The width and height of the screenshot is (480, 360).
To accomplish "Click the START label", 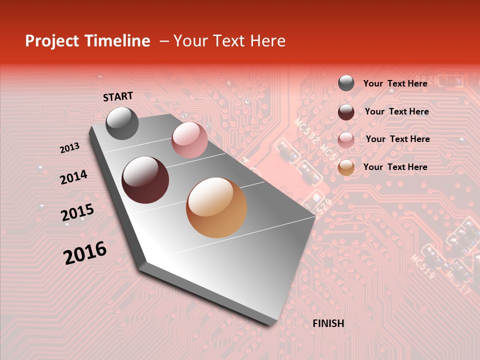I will click(118, 96).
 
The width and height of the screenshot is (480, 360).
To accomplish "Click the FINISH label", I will click(328, 323).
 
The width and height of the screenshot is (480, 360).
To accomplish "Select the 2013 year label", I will click(70, 148).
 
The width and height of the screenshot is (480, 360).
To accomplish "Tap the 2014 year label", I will click(73, 177).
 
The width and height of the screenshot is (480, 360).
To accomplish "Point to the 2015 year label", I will click(77, 212).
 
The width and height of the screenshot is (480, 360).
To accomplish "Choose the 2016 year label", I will click(85, 252).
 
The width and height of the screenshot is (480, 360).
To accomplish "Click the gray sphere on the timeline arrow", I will click(122, 123).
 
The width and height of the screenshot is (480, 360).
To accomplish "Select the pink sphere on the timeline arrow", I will click(189, 140).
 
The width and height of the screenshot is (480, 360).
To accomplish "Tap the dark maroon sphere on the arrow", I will click(145, 180).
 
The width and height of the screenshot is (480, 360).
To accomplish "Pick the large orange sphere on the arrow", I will click(216, 207).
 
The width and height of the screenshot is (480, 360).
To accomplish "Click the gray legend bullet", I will click(346, 83).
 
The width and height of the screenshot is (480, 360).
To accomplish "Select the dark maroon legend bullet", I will click(346, 112).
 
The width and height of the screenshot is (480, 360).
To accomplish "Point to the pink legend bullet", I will click(346, 139).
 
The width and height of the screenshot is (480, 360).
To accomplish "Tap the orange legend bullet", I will click(346, 167).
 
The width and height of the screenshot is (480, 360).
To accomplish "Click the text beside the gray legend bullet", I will click(395, 83).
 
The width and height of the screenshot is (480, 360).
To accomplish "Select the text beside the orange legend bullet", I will click(395, 167).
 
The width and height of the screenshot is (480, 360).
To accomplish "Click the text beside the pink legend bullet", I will click(397, 139).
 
